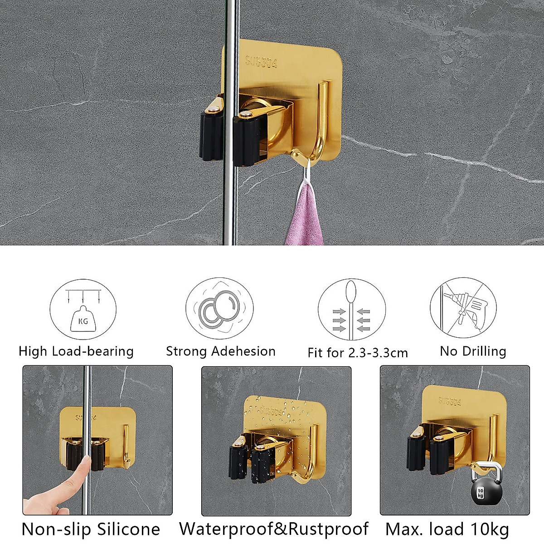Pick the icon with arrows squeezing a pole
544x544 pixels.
(351, 312)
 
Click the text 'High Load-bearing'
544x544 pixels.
(76, 351)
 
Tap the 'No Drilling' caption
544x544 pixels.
(473, 351)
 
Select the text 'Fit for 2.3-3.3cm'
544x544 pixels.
(358, 353)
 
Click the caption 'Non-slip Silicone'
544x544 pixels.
(91, 529)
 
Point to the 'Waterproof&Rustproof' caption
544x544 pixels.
(274, 529)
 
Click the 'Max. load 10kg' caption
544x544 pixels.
(447, 529)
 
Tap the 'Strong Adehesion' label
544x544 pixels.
(221, 351)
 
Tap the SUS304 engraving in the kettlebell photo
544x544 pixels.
(450, 401)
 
